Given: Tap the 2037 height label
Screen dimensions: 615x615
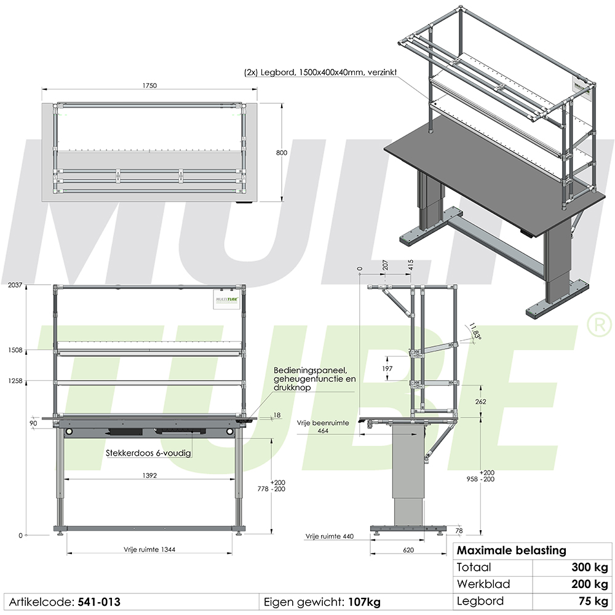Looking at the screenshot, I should coord(15,285).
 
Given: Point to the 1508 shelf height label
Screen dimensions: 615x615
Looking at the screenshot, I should coord(15,350).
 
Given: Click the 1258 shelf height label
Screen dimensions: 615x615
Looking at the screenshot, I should coord(15,381).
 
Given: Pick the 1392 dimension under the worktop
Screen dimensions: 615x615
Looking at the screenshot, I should coord(149,476).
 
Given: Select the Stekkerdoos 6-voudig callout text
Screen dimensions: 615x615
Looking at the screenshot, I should coord(148,453).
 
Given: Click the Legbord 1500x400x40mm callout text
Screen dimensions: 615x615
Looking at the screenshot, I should coord(320,73).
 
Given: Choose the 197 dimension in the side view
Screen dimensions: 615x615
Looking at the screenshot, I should coord(387,368).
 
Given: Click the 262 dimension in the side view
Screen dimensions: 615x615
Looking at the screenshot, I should coord(481,402).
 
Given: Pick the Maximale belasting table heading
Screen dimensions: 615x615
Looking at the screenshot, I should coord(511,550).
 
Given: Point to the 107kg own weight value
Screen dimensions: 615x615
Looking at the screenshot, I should coord(364,601).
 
